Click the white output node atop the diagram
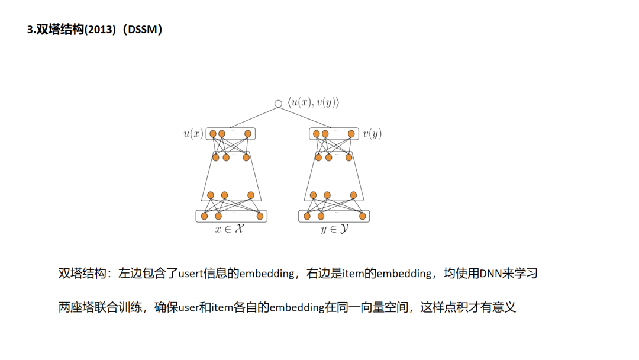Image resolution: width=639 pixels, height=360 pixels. click(278, 104)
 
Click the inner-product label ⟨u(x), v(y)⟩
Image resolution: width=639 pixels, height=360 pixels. click(313, 102)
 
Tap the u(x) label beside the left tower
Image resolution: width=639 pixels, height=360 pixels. click(193, 134)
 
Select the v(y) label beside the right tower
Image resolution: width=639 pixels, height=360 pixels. click(372, 134)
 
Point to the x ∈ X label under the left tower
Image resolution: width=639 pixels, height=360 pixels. click(229, 229)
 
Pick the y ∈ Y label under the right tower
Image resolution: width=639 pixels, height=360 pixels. click(334, 229)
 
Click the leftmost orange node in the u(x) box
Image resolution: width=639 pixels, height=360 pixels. click(213, 134)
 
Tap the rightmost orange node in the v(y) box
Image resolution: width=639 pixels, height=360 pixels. click(351, 134)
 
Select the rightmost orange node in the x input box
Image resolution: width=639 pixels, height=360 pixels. click(260, 216)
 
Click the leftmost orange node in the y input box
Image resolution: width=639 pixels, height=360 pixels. click(307, 216)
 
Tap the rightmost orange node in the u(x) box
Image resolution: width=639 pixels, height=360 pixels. click(248, 134)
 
